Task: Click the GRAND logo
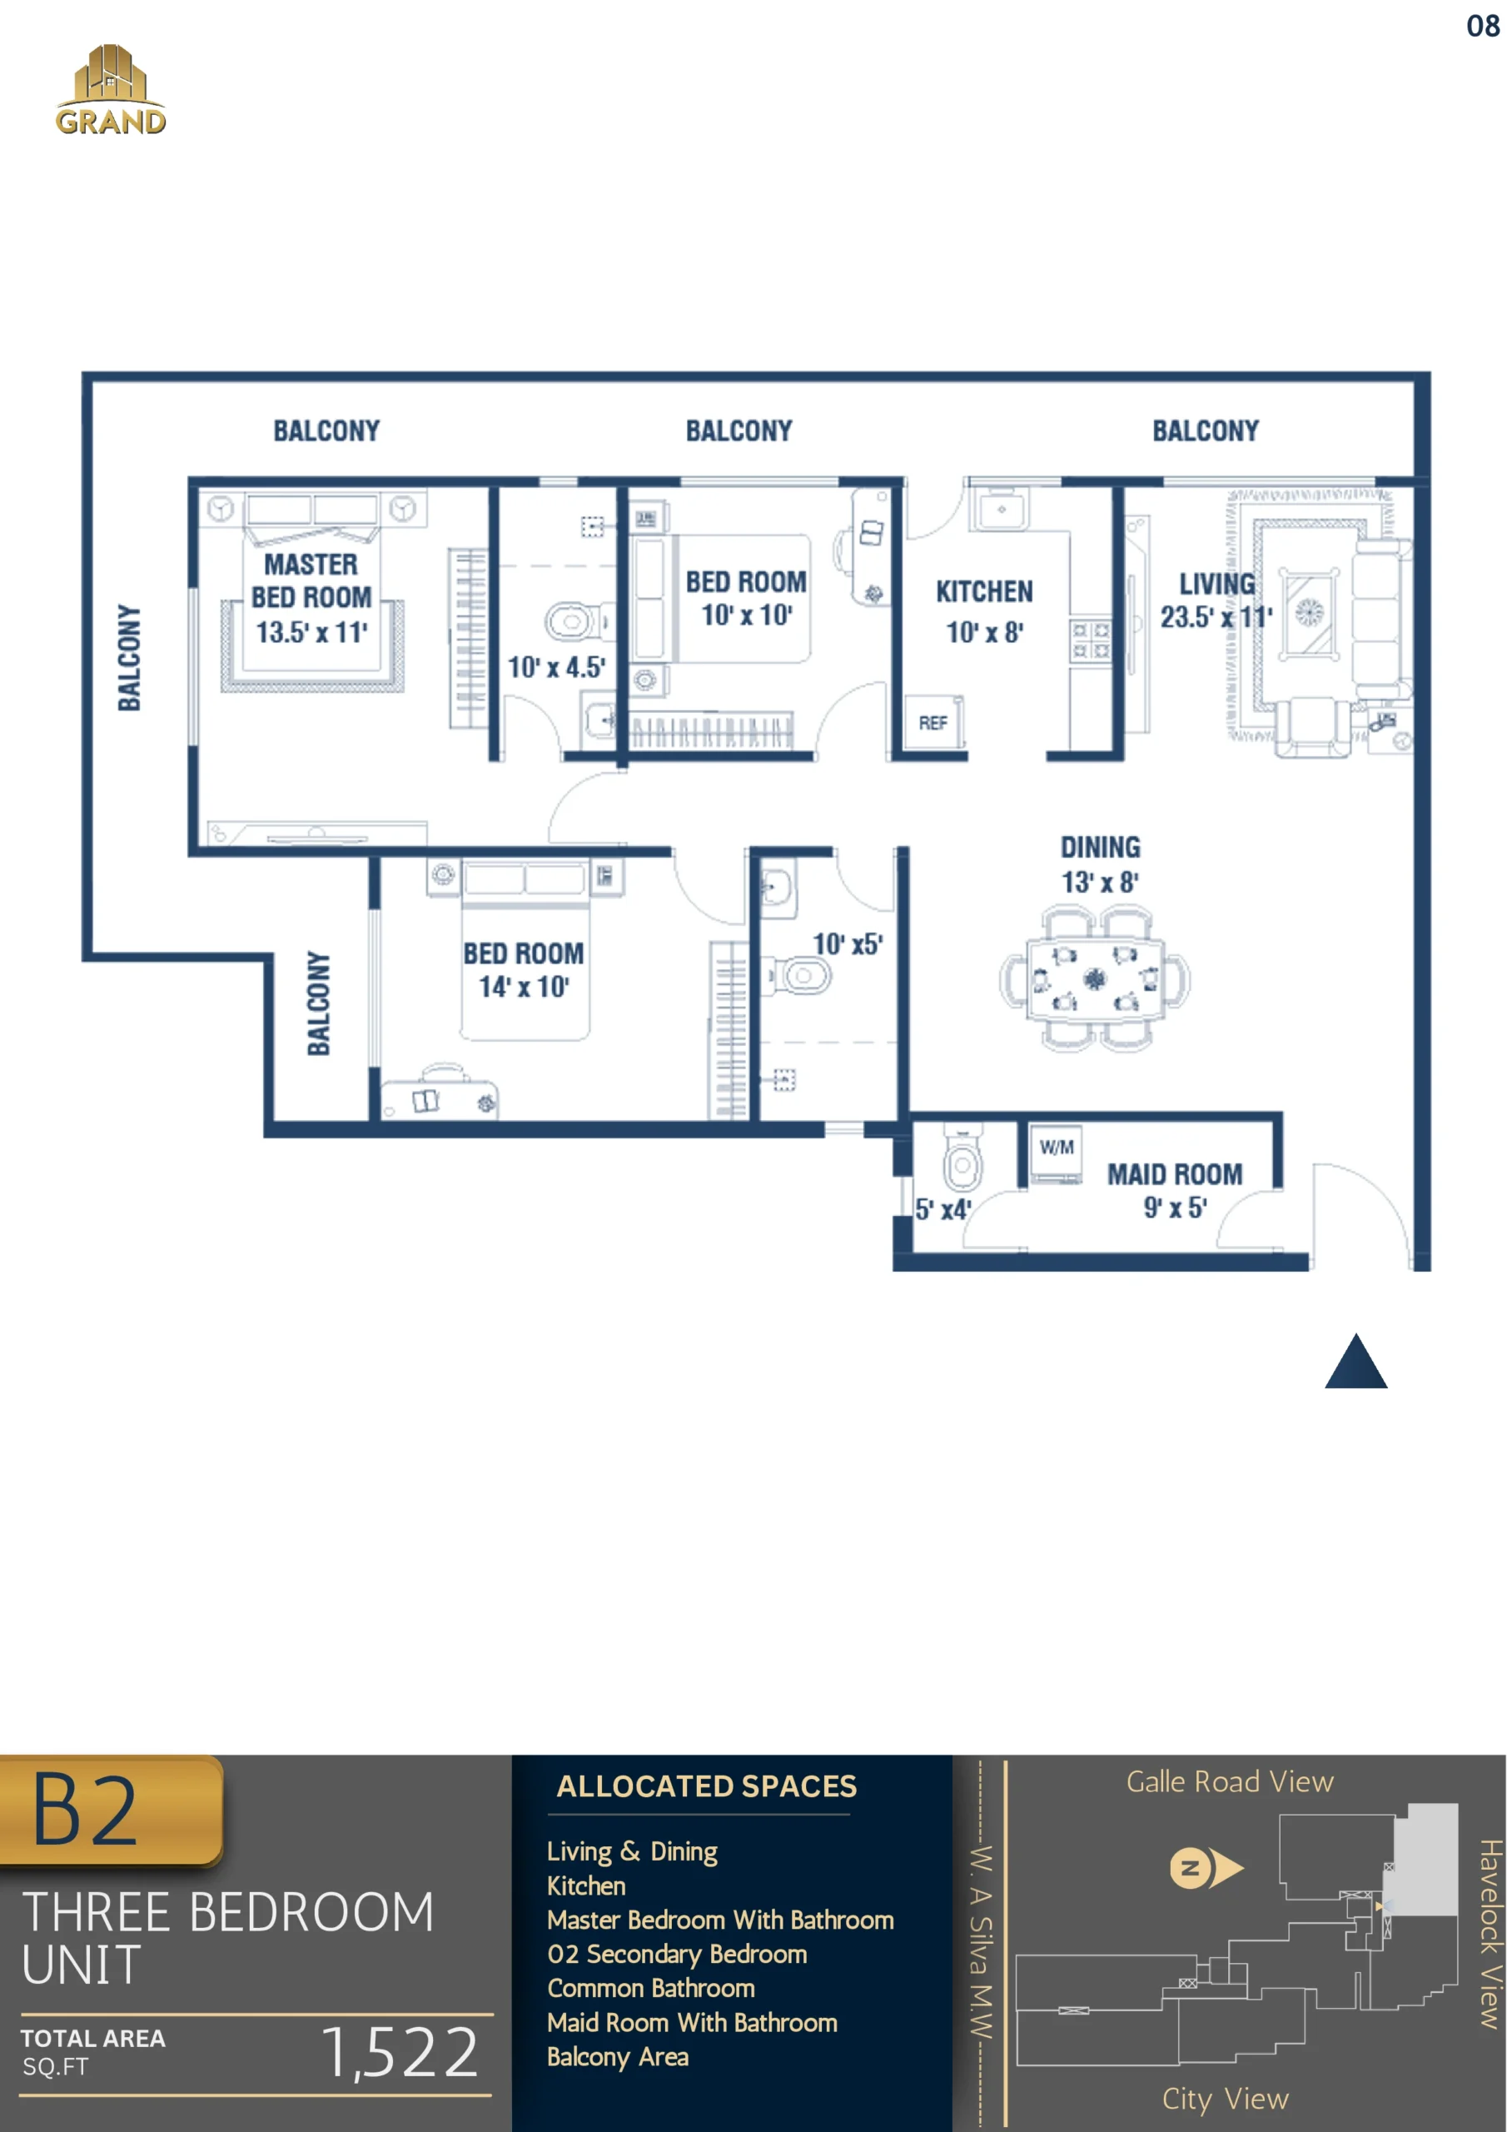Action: [x=111, y=90]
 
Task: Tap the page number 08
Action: [x=1483, y=26]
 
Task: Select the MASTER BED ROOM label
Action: [x=311, y=581]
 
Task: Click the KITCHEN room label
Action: [x=984, y=591]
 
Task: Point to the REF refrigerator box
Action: [x=933, y=722]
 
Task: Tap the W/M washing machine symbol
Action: [x=1057, y=1153]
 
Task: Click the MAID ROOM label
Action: [x=1175, y=1174]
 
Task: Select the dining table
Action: [x=1095, y=979]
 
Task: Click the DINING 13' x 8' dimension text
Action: [x=1101, y=864]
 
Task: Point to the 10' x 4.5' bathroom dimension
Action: [x=556, y=667]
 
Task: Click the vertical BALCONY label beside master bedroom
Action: [x=129, y=657]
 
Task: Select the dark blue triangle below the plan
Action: [x=1355, y=1362]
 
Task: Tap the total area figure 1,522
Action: [x=400, y=2052]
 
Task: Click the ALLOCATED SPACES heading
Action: [x=707, y=1786]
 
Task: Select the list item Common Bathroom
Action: [x=651, y=1988]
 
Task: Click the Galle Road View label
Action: [x=1230, y=1782]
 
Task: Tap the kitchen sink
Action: [x=1000, y=510]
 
